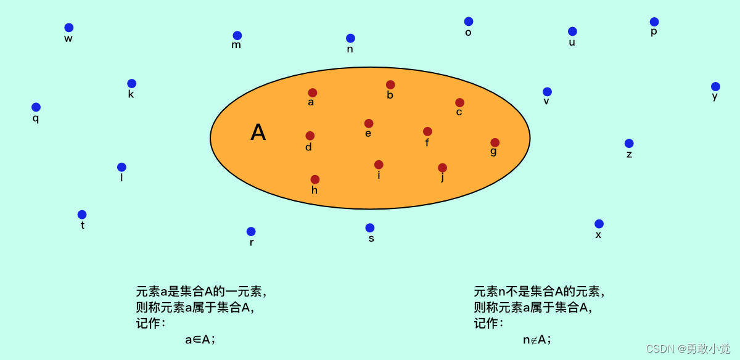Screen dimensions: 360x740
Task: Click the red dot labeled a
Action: [313, 92]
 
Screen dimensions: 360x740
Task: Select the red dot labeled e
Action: [369, 123]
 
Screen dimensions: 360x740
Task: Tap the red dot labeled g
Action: [495, 142]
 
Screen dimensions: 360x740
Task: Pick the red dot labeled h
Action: [315, 179]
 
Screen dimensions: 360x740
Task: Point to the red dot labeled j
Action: [442, 168]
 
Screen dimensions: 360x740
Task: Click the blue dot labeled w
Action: [69, 28]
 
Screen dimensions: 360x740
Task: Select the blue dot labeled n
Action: [350, 38]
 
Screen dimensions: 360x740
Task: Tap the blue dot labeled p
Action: [654, 22]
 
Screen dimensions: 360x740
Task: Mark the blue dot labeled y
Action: [715, 87]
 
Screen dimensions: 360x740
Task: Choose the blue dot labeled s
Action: [370, 228]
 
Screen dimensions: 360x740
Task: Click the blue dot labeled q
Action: [36, 107]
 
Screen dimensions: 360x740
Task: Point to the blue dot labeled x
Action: [599, 224]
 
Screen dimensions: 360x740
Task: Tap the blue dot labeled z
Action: [629, 144]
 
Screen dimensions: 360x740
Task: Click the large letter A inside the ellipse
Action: [258, 133]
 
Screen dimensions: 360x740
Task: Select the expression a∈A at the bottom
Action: [200, 340]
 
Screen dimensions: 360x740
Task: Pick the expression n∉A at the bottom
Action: [536, 340]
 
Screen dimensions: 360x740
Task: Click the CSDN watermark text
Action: [688, 349]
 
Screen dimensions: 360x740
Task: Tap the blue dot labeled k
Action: [132, 84]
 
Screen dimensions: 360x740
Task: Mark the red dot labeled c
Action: [459, 103]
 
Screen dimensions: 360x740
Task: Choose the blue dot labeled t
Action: [82, 215]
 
